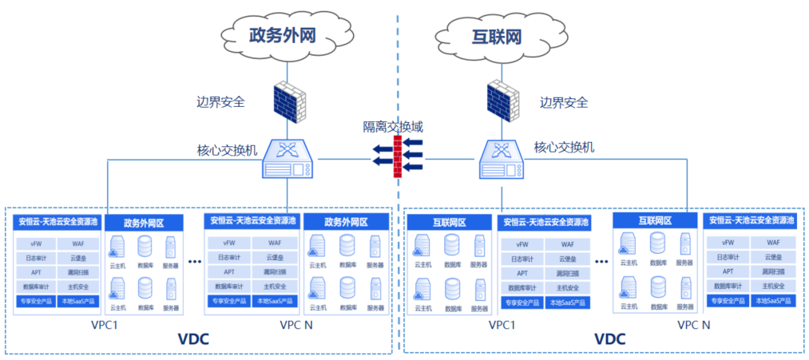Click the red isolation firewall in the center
click(x=396, y=154)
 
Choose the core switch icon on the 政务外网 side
click(x=288, y=159)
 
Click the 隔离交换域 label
click(x=393, y=127)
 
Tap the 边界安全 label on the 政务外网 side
click(x=220, y=102)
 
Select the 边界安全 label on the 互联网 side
click(x=563, y=102)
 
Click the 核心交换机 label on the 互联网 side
click(x=563, y=147)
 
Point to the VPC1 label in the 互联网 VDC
click(x=501, y=325)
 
